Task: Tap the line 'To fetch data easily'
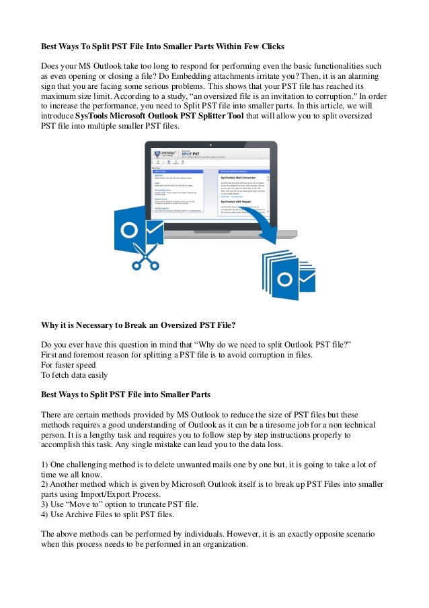(x=74, y=375)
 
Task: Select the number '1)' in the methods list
(x=46, y=465)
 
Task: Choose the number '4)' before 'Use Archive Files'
(x=46, y=515)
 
